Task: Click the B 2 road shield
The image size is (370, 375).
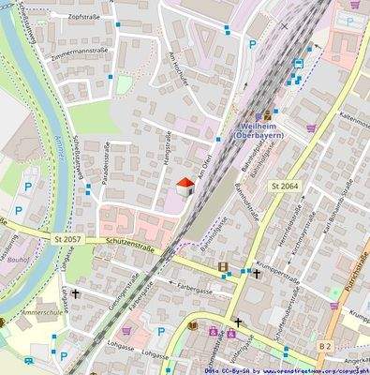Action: (325, 346)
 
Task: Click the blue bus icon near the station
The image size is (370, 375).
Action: (297, 63)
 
